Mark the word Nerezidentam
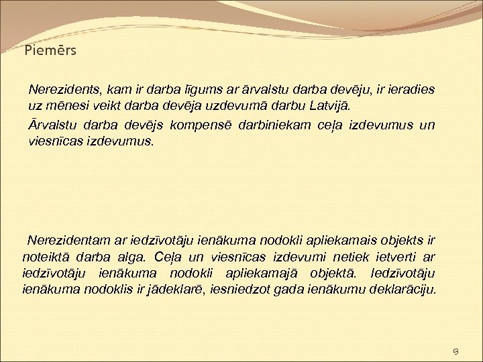(x=66, y=239)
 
